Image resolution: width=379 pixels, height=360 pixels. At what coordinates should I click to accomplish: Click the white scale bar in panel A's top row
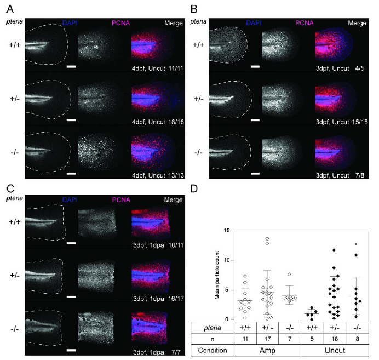click(71, 66)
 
